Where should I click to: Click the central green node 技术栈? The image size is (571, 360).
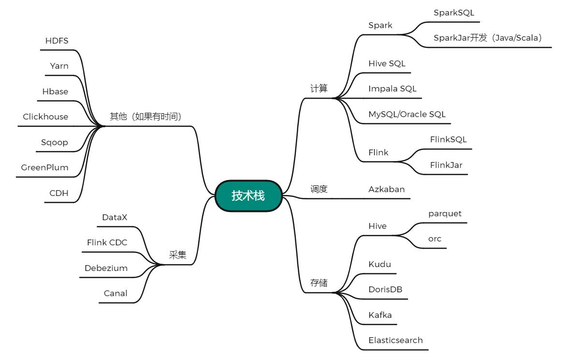(x=248, y=196)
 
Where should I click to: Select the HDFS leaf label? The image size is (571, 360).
(x=57, y=41)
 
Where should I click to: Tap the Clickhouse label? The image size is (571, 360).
(x=45, y=117)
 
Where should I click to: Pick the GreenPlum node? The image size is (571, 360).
(x=44, y=167)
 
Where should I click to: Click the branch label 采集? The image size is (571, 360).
(x=177, y=255)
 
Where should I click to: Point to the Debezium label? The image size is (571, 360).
(x=106, y=268)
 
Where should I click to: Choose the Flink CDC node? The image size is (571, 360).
(x=107, y=242)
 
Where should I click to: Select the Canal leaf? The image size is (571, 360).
(x=116, y=293)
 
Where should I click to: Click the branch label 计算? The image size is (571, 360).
(x=319, y=89)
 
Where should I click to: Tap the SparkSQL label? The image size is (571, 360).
(x=454, y=13)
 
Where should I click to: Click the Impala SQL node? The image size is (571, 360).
(x=392, y=89)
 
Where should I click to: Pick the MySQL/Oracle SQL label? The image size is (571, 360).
(x=407, y=114)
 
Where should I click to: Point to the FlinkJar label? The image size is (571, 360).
(x=446, y=165)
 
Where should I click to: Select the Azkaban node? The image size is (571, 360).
(x=386, y=189)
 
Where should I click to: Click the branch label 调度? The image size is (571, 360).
(x=319, y=189)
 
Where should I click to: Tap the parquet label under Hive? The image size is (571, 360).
(x=445, y=213)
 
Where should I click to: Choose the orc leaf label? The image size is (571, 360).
(x=435, y=239)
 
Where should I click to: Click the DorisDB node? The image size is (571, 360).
(x=385, y=289)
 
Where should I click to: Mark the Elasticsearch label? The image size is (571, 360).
(x=395, y=340)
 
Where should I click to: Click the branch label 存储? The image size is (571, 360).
(x=319, y=283)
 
